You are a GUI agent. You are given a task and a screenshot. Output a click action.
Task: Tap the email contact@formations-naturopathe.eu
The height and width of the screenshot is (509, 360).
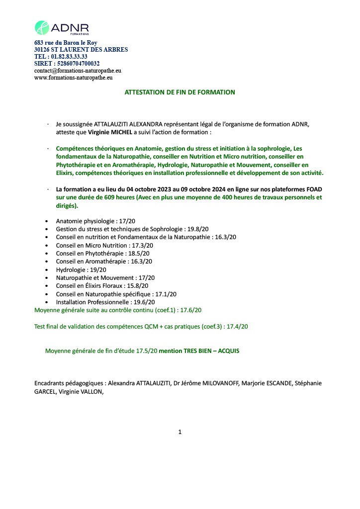coord(78,71)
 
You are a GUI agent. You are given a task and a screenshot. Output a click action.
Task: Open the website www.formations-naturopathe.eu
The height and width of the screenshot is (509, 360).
coord(73,78)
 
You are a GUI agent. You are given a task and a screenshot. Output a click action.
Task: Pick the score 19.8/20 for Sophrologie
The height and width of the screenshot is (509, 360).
coord(197,229)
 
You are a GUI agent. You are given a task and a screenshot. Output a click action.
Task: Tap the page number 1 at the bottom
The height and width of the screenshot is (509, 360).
coord(180,432)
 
